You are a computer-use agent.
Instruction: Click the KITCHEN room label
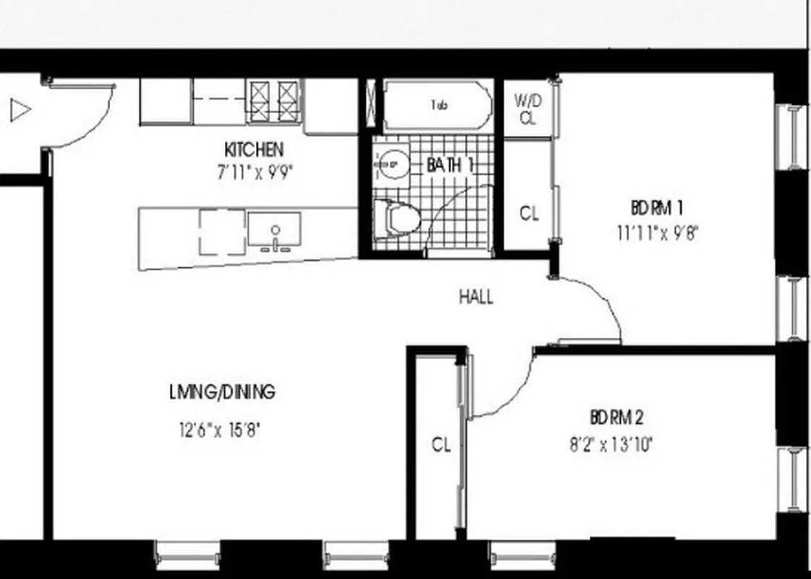point(254,150)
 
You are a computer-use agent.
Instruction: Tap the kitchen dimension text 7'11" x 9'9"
point(255,174)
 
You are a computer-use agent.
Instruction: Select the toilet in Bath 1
point(398,218)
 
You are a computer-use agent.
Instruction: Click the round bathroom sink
point(391,164)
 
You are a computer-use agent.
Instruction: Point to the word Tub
point(439,105)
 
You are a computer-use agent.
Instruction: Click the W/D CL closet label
point(528,109)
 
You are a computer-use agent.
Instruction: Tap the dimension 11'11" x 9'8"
point(658,233)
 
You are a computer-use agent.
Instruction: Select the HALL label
point(476,297)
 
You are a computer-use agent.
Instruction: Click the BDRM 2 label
point(617,418)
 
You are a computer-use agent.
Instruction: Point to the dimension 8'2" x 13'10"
point(611,443)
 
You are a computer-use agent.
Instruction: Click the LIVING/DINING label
point(222,392)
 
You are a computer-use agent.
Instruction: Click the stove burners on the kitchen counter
point(273,100)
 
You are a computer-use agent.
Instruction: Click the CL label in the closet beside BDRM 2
point(441,444)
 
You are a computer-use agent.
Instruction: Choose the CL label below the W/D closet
point(530,214)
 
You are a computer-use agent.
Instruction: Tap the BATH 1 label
point(449,165)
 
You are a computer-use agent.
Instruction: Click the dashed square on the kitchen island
point(222,232)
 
